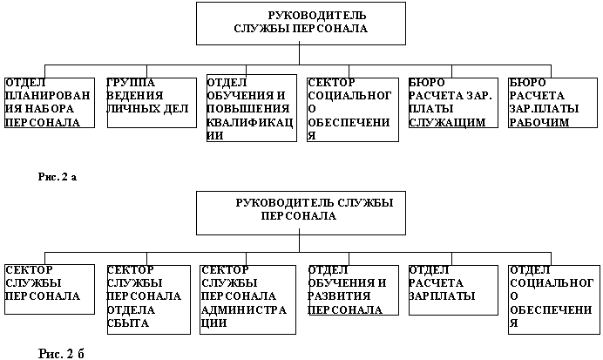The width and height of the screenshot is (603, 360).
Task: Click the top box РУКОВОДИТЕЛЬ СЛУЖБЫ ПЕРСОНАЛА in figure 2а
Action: (301, 24)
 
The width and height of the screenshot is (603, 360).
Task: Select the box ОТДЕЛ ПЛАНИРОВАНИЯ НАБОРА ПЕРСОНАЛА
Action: (50, 103)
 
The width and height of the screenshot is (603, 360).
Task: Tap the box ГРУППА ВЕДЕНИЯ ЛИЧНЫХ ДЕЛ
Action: (152, 103)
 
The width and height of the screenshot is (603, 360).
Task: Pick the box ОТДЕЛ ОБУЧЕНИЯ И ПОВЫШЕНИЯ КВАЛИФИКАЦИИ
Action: (252, 108)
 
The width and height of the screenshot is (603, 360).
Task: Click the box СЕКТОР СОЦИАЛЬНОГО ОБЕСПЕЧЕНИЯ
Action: (353, 110)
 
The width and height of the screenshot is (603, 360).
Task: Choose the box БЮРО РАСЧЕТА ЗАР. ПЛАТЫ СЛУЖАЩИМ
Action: (453, 103)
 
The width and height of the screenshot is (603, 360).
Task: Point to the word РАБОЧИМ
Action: (539, 122)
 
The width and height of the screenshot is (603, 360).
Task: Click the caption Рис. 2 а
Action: (58, 177)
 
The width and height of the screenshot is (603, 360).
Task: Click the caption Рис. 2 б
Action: (61, 353)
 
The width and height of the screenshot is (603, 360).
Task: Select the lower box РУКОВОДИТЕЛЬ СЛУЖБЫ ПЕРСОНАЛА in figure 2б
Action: (301, 213)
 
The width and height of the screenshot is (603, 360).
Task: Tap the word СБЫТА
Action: (128, 323)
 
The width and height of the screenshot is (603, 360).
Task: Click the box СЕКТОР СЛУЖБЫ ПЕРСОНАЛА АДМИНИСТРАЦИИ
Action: (248, 300)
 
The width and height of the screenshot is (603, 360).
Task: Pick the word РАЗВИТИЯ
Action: (339, 295)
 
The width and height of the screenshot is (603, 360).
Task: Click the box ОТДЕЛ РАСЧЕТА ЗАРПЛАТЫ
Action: (453, 290)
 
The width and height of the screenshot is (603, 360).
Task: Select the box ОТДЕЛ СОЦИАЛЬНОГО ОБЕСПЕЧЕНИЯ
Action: (554, 300)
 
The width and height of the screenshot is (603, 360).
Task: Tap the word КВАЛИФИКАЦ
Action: (250, 122)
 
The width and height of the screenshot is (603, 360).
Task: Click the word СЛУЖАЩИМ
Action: (447, 122)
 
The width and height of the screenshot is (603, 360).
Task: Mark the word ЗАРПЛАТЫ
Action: (442, 295)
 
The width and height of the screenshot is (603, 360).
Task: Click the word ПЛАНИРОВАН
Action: (48, 95)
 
